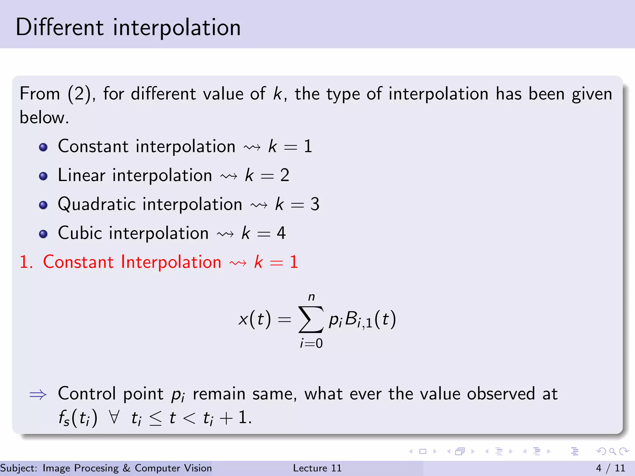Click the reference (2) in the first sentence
click(x=79, y=94)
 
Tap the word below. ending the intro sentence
click(x=44, y=117)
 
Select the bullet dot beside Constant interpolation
click(x=43, y=147)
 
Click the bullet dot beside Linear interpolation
click(x=43, y=176)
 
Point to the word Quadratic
click(x=97, y=205)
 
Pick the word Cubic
click(x=80, y=233)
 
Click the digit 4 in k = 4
click(x=281, y=233)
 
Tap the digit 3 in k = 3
click(x=315, y=205)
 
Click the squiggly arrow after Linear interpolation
click(x=229, y=176)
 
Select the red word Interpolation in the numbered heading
click(x=171, y=262)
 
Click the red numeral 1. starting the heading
click(x=26, y=262)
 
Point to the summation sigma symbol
click(x=311, y=319)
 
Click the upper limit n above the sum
click(x=311, y=297)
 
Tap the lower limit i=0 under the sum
click(x=311, y=343)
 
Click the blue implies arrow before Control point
click(x=38, y=394)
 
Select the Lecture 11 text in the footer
click(x=317, y=468)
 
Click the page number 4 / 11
click(x=610, y=468)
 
